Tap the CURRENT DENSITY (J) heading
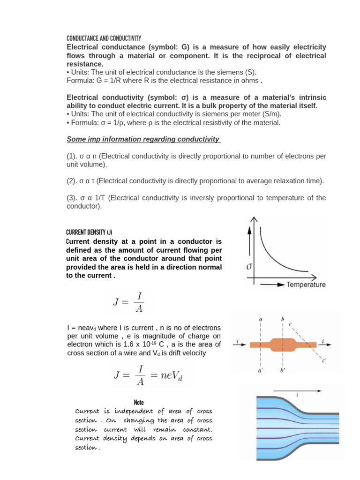(89, 232)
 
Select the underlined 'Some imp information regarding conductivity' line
(143, 139)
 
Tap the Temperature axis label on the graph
(306, 285)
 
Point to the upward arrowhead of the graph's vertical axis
(254, 220)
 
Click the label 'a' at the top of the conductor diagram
(260, 320)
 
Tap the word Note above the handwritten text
(139, 402)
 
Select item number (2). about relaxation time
(195, 181)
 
